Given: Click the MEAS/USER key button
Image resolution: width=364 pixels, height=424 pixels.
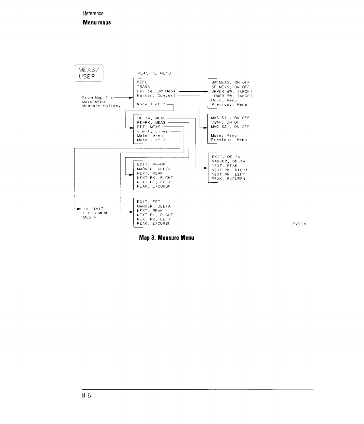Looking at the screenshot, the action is point(89,73).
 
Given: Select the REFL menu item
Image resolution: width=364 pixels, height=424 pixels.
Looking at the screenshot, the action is point(142,82).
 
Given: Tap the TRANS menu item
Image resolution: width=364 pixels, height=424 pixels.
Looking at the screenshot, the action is point(143,87).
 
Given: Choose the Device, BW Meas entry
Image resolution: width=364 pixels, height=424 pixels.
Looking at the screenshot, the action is point(156,91).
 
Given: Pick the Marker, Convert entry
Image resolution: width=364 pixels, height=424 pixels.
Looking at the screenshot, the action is point(156,96).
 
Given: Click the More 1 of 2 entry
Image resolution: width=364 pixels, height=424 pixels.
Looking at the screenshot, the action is point(151,104).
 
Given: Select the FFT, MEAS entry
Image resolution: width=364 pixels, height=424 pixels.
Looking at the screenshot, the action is point(149,127).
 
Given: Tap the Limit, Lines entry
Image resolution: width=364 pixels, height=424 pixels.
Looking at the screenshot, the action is point(152,131).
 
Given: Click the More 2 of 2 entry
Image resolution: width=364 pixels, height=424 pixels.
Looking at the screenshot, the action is point(151,140).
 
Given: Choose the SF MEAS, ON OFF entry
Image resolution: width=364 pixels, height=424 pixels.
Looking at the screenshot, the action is point(230,87).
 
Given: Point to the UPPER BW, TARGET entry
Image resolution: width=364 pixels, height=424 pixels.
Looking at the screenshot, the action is point(232,92).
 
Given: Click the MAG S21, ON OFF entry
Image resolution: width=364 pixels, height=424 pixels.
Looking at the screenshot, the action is point(230,127).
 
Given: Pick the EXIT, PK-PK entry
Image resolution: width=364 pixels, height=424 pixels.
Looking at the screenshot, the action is point(151,164).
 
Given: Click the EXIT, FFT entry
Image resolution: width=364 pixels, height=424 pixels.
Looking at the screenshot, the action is point(148,202).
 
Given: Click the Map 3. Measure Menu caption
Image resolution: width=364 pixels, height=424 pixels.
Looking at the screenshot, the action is point(166,237).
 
